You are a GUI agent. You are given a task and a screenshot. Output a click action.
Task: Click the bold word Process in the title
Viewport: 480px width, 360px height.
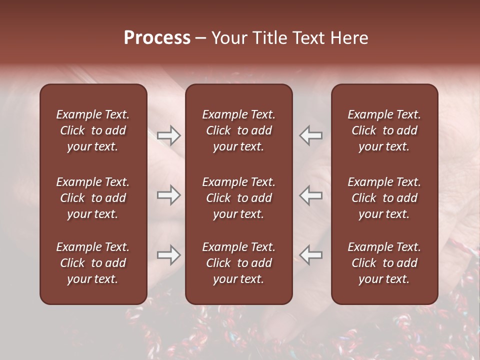[157, 38]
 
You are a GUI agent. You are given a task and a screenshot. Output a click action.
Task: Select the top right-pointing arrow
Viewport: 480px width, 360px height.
[168, 135]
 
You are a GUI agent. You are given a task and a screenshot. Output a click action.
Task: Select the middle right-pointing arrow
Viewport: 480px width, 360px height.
[168, 195]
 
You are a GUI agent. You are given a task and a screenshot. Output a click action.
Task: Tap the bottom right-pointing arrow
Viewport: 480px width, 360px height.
[168, 255]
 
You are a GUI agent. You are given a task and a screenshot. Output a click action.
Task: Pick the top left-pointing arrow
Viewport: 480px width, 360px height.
[311, 135]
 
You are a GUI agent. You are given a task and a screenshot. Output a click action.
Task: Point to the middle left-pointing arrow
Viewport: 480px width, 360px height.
[311, 195]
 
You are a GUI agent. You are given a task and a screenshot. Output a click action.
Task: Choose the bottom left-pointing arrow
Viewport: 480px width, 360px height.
[311, 255]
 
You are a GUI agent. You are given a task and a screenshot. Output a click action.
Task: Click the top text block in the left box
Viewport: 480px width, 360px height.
[93, 130]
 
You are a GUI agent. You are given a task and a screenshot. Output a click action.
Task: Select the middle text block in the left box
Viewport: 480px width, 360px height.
[93, 198]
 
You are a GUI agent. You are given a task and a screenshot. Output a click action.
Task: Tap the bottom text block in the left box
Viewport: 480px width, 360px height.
[93, 263]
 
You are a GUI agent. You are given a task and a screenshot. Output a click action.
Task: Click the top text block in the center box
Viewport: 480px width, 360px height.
[238, 130]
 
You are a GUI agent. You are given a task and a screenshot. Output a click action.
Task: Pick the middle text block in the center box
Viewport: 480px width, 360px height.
[238, 198]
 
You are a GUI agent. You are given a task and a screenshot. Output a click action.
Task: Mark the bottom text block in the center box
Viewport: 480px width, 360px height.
[238, 263]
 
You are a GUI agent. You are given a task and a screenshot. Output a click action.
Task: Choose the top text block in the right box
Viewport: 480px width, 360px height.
[384, 130]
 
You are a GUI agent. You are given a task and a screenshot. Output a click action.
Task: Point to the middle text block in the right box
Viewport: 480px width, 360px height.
[384, 198]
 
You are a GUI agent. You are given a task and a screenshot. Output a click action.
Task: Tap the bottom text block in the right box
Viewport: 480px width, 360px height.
[384, 263]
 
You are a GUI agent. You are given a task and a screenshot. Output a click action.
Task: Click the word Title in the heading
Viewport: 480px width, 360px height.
[270, 38]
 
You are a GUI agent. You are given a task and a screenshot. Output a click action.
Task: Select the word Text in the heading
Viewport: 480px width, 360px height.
[307, 38]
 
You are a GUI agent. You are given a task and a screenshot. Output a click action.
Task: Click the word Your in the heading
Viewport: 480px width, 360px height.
[229, 38]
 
